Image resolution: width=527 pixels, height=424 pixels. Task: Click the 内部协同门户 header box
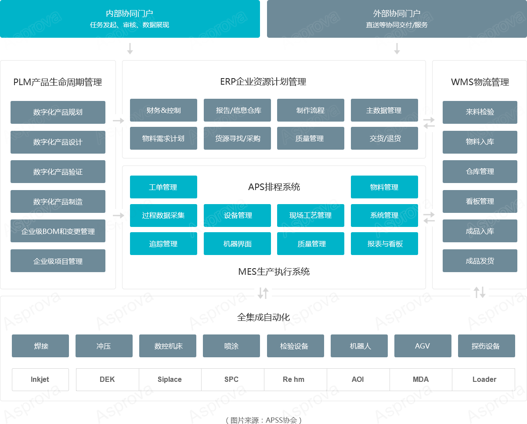coord(130,19)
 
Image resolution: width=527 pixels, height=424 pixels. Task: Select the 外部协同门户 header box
coord(397,19)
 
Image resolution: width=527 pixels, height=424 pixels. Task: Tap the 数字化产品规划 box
coord(58,112)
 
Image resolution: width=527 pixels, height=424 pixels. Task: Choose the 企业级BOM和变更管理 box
coord(58,231)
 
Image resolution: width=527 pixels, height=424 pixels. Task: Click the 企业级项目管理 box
coord(58,261)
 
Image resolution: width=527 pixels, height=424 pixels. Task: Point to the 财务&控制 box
coord(163,110)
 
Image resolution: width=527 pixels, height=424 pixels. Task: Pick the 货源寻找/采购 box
coord(237,138)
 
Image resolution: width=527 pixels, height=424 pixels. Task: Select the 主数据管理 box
coord(384,110)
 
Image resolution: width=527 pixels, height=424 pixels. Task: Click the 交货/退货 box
coord(384,138)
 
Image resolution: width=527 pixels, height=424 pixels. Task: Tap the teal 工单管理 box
coord(163,187)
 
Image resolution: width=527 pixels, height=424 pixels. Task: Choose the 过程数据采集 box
coord(163,216)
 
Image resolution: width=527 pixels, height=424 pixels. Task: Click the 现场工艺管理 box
coord(310,216)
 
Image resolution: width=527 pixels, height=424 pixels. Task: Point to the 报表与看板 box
coord(384,244)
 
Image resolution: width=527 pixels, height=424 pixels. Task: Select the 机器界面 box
coord(237,244)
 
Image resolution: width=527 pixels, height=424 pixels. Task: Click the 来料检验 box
coord(480,112)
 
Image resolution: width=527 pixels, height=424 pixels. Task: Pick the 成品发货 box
coord(480,261)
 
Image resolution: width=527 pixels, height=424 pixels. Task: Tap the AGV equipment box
coord(422,346)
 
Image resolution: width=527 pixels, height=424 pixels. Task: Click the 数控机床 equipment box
coord(168,346)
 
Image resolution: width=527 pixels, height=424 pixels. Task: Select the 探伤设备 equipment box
coord(486,346)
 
